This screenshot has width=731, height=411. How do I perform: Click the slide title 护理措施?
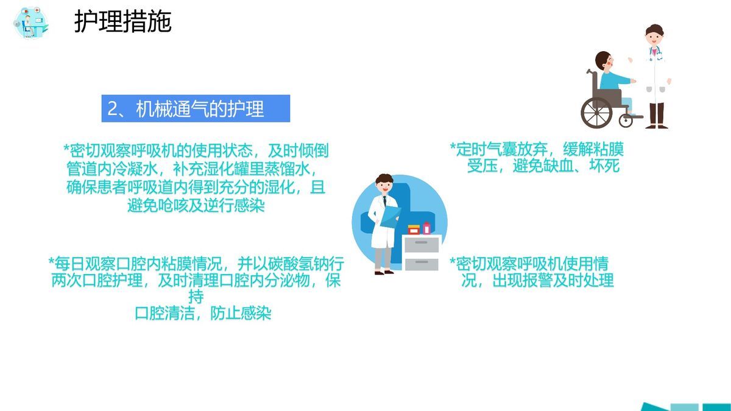(x=122, y=22)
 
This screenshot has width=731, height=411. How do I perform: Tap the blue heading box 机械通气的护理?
(x=195, y=108)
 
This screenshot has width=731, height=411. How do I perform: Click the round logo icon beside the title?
(x=31, y=24)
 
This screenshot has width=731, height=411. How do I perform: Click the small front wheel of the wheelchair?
(x=626, y=120)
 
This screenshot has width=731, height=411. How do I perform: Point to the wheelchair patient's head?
(x=605, y=61)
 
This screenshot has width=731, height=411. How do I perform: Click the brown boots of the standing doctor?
(x=656, y=116)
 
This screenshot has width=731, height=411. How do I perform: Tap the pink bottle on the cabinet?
(x=426, y=228)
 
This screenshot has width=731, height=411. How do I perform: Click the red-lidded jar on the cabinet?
(x=414, y=230)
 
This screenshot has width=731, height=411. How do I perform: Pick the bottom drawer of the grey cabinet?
(x=422, y=263)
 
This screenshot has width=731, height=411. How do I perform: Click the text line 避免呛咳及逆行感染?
(x=196, y=205)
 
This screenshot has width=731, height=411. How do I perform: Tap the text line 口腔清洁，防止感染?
(x=202, y=314)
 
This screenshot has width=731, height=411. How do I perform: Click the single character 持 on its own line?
(x=196, y=297)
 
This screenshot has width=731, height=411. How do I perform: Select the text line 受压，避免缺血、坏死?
(x=543, y=166)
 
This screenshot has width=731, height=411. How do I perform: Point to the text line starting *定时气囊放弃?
(x=537, y=149)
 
